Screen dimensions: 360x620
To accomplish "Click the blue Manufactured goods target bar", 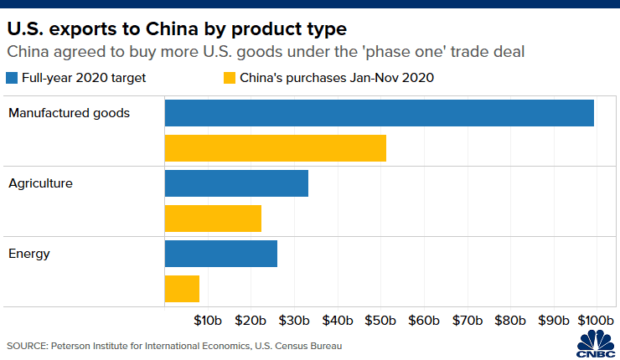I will coord(379,113).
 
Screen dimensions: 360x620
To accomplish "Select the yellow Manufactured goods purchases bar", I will coord(275,148).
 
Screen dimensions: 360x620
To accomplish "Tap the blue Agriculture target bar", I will coord(236,183).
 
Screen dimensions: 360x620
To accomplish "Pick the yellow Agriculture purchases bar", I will coord(213,219).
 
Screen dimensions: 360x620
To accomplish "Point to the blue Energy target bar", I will coord(220,254).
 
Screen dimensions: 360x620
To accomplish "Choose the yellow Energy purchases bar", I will coord(182,289).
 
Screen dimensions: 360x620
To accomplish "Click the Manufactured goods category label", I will coord(69,113).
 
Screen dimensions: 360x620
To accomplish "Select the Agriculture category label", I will coord(41,183).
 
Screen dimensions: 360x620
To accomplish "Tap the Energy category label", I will coord(29,253).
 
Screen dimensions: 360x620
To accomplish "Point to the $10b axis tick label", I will coord(207,321).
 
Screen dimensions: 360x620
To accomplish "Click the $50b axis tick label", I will coord(380,321).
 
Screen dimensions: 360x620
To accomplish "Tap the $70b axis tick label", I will coord(467,321).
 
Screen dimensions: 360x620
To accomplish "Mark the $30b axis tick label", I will coord(294,321).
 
